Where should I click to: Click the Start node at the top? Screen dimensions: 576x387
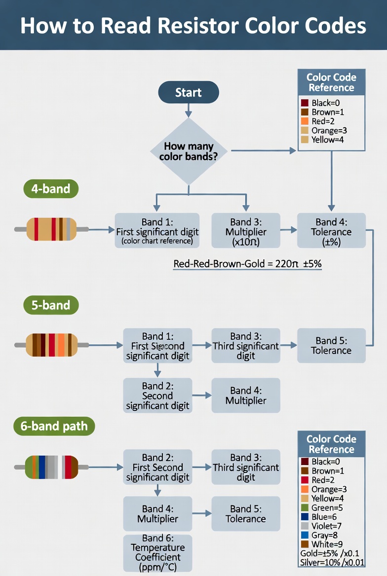pos(188,92)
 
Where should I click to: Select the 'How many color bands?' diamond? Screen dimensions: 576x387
pos(189,151)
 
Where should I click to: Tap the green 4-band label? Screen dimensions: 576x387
pos(51,189)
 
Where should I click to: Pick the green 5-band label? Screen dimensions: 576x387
pos(51,305)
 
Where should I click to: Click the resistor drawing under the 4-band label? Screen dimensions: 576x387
pos(51,229)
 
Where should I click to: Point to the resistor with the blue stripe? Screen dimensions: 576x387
pos(51,467)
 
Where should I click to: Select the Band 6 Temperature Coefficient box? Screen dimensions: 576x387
pos(157,552)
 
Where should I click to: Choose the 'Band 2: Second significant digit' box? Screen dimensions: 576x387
pos(157,396)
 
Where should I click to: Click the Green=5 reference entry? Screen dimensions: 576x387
pos(327,507)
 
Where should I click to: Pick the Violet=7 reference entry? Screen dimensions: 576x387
pos(327,526)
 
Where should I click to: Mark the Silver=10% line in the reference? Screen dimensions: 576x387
pos(332,563)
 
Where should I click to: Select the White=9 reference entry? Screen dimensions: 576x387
pos(327,544)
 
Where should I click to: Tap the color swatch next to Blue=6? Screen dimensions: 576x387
pos(305,517)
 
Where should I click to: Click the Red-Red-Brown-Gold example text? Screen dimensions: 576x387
pos(247,264)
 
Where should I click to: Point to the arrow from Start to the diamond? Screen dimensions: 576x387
pos(188,110)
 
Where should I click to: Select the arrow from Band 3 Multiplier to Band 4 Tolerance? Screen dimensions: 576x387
pos(288,230)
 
